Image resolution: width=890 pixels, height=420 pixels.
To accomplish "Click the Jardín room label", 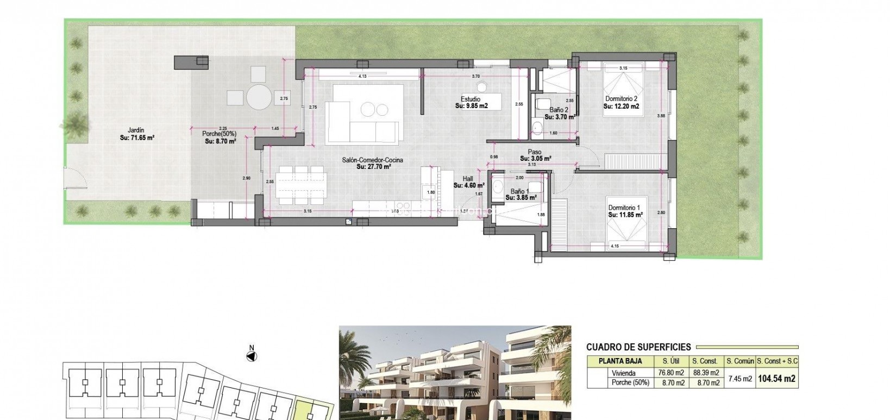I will coord(136,130).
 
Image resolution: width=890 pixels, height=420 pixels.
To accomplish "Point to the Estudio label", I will coord(471,99).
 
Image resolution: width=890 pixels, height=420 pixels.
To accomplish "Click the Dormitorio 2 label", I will coord(621,99).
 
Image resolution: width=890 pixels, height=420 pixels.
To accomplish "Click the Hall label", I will coord(468,178).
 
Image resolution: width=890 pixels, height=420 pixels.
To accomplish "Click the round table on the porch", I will coord(259,97).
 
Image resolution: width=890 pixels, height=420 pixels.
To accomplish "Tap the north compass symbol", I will coord(251,356).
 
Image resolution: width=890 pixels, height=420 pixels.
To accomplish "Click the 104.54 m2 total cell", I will coord(777,379).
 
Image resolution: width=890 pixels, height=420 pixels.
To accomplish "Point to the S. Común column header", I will coord(739,361).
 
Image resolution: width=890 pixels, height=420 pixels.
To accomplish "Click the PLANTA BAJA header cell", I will coord(620,361).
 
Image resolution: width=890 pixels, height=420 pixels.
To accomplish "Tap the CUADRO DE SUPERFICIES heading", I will coord(638,347).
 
